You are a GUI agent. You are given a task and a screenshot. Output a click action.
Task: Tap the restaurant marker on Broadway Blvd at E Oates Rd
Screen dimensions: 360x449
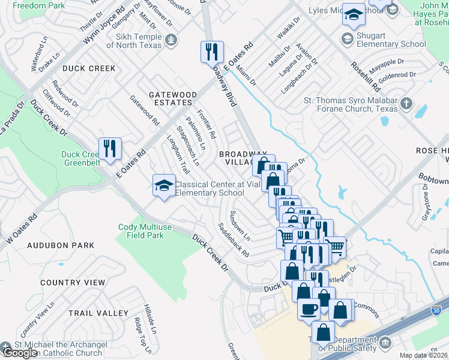click(212, 51)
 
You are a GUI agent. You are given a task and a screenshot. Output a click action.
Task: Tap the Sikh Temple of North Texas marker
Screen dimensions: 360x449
click(172, 40)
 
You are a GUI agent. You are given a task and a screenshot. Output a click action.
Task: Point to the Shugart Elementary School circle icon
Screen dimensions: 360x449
click(346, 38)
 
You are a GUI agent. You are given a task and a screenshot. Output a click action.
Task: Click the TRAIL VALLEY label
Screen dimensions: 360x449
click(98, 313)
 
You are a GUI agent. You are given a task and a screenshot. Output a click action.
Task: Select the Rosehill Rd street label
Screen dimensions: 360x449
click(362, 77)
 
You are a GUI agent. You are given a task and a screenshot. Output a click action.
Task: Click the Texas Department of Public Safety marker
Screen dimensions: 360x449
click(385, 343)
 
